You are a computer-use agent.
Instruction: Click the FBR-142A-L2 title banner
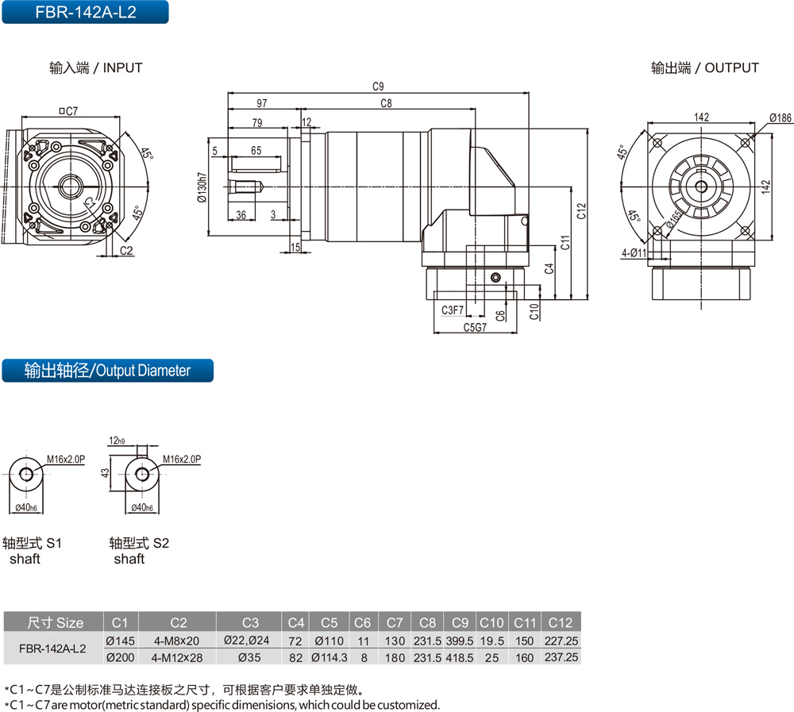point(85,12)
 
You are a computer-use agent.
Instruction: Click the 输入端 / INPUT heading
point(96,67)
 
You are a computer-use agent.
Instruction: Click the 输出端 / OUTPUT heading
point(705,67)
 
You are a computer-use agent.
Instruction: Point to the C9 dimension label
point(378,87)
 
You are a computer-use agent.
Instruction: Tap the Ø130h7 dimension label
point(202,187)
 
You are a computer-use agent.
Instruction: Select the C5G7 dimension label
point(475,327)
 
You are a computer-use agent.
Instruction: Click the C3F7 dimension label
point(453,310)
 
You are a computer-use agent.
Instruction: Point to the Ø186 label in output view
point(781,118)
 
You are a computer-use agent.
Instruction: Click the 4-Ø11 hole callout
point(634,252)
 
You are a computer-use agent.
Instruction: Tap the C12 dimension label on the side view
point(581,211)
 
